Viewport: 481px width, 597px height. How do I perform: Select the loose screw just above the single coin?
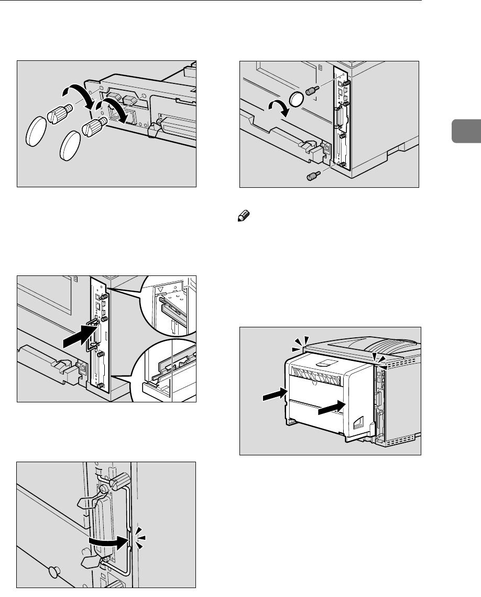[313, 91]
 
